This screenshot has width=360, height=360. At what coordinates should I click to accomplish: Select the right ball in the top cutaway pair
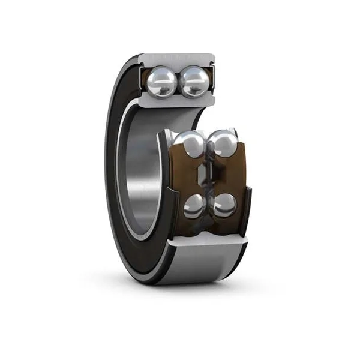click(x=194, y=81)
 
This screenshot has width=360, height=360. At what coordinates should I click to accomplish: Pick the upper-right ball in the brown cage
click(x=223, y=145)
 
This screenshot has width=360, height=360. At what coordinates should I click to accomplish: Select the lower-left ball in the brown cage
click(x=194, y=206)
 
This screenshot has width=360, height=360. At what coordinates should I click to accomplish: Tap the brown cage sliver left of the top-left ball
click(x=144, y=81)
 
